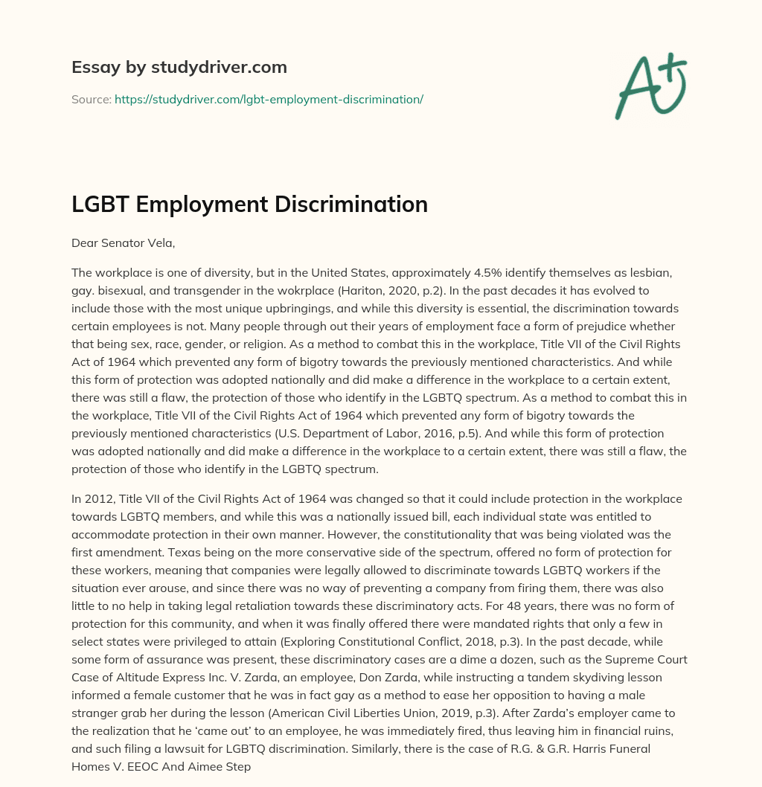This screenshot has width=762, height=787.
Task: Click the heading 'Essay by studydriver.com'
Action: (x=179, y=68)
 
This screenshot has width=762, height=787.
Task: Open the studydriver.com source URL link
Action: (x=269, y=99)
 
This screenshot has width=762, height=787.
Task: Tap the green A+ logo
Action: (x=650, y=83)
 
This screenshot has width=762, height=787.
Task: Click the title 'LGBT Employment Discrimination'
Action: (x=249, y=205)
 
